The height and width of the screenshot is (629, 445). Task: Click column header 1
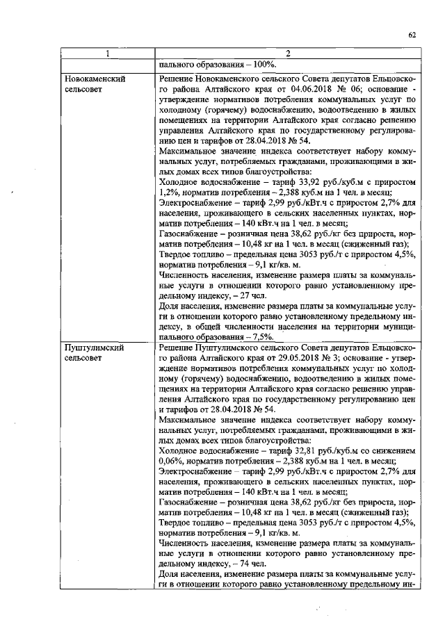click(x=106, y=54)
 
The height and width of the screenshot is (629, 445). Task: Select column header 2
click(x=286, y=54)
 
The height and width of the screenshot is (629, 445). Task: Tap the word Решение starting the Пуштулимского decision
click(x=177, y=347)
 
